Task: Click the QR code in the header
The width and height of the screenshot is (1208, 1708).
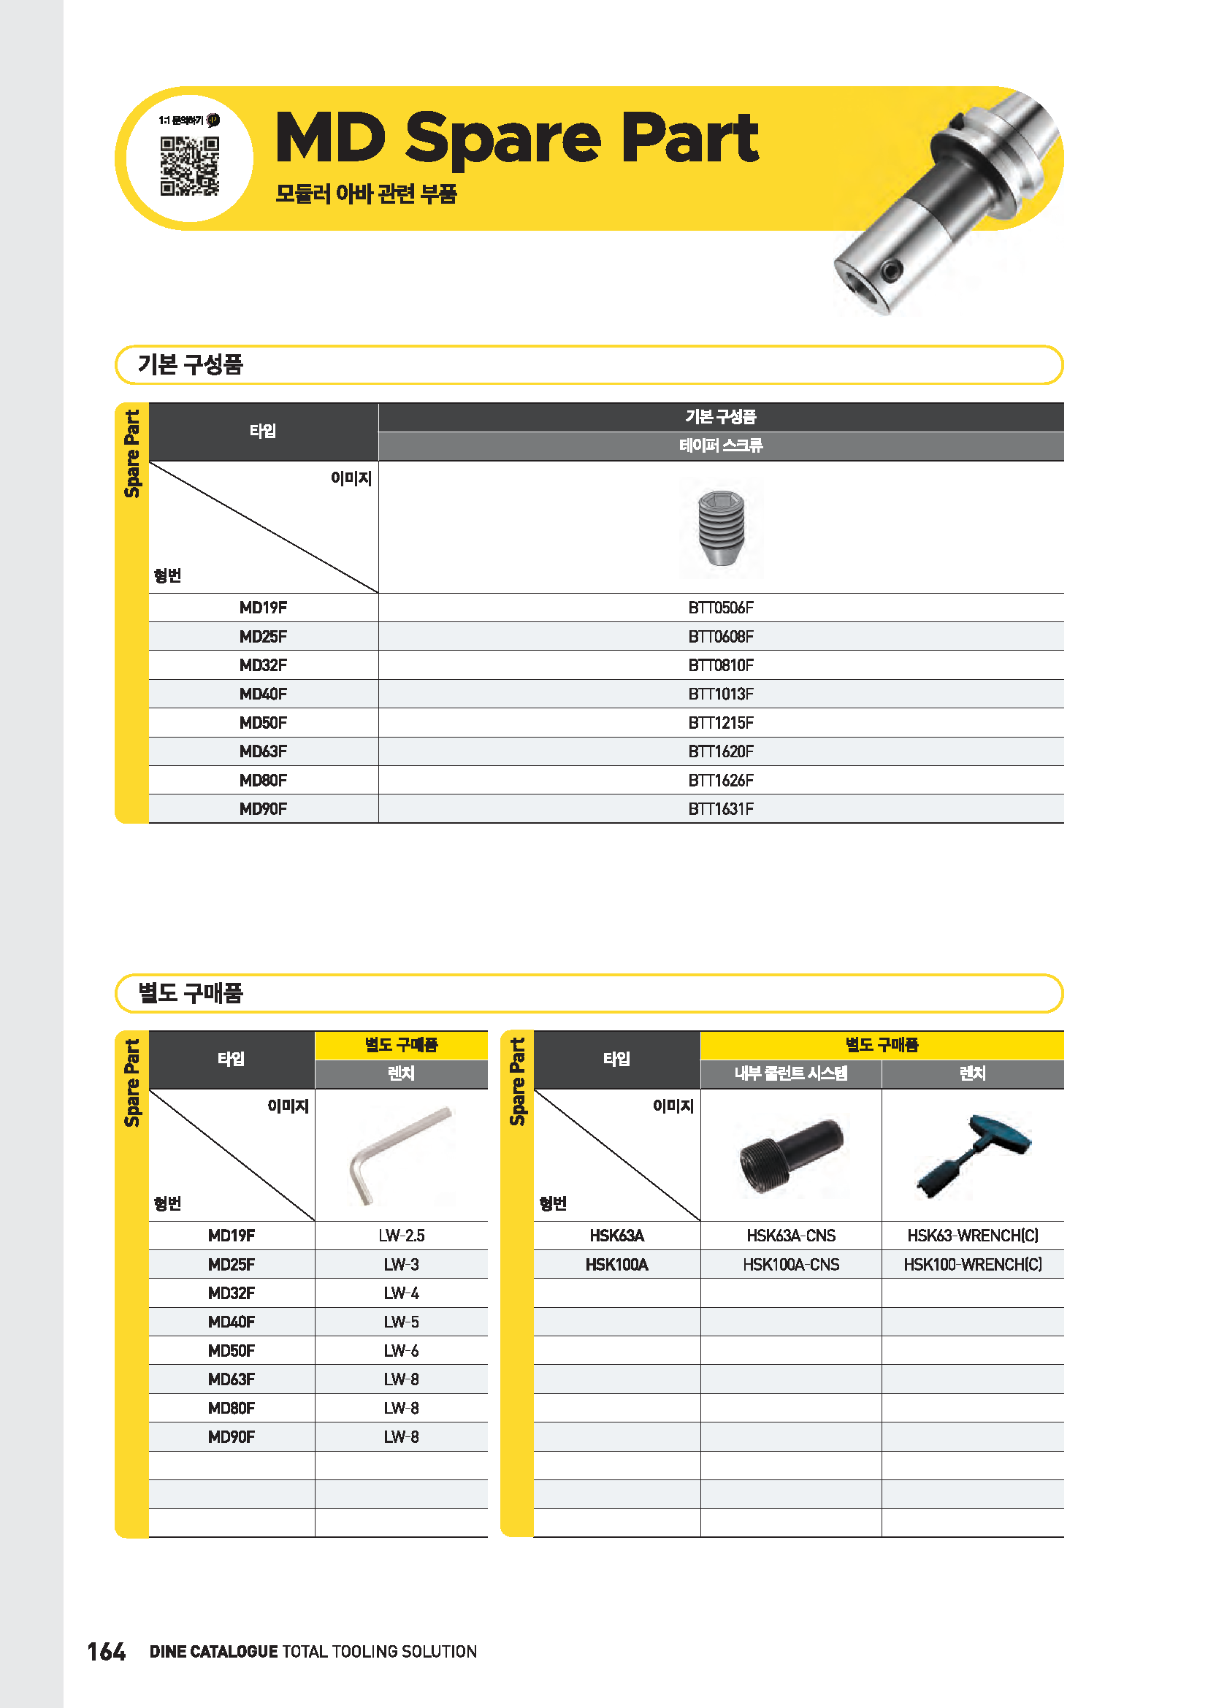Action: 190,165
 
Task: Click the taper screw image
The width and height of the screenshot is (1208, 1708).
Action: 721,527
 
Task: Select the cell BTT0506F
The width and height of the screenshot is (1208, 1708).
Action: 720,608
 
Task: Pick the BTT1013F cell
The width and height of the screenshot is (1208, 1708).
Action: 720,694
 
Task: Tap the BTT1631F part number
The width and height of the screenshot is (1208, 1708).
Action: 720,809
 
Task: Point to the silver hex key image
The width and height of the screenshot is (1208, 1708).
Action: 400,1154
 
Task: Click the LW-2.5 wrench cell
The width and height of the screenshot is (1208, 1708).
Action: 401,1236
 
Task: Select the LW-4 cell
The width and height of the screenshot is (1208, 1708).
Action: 401,1294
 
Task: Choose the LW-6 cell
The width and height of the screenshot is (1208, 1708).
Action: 401,1351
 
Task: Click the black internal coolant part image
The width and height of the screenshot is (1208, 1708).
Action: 791,1154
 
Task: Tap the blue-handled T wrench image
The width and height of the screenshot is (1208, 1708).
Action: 973,1154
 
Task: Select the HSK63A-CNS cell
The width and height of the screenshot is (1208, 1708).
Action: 791,1236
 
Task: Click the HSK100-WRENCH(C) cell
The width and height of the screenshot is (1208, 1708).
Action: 972,1265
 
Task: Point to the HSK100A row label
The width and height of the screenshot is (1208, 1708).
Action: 616,1265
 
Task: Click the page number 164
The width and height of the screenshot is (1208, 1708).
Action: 107,1652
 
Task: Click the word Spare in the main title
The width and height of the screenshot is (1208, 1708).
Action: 502,139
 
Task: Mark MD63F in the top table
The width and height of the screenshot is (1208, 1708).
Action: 263,751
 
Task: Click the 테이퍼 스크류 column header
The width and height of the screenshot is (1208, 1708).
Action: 720,445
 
